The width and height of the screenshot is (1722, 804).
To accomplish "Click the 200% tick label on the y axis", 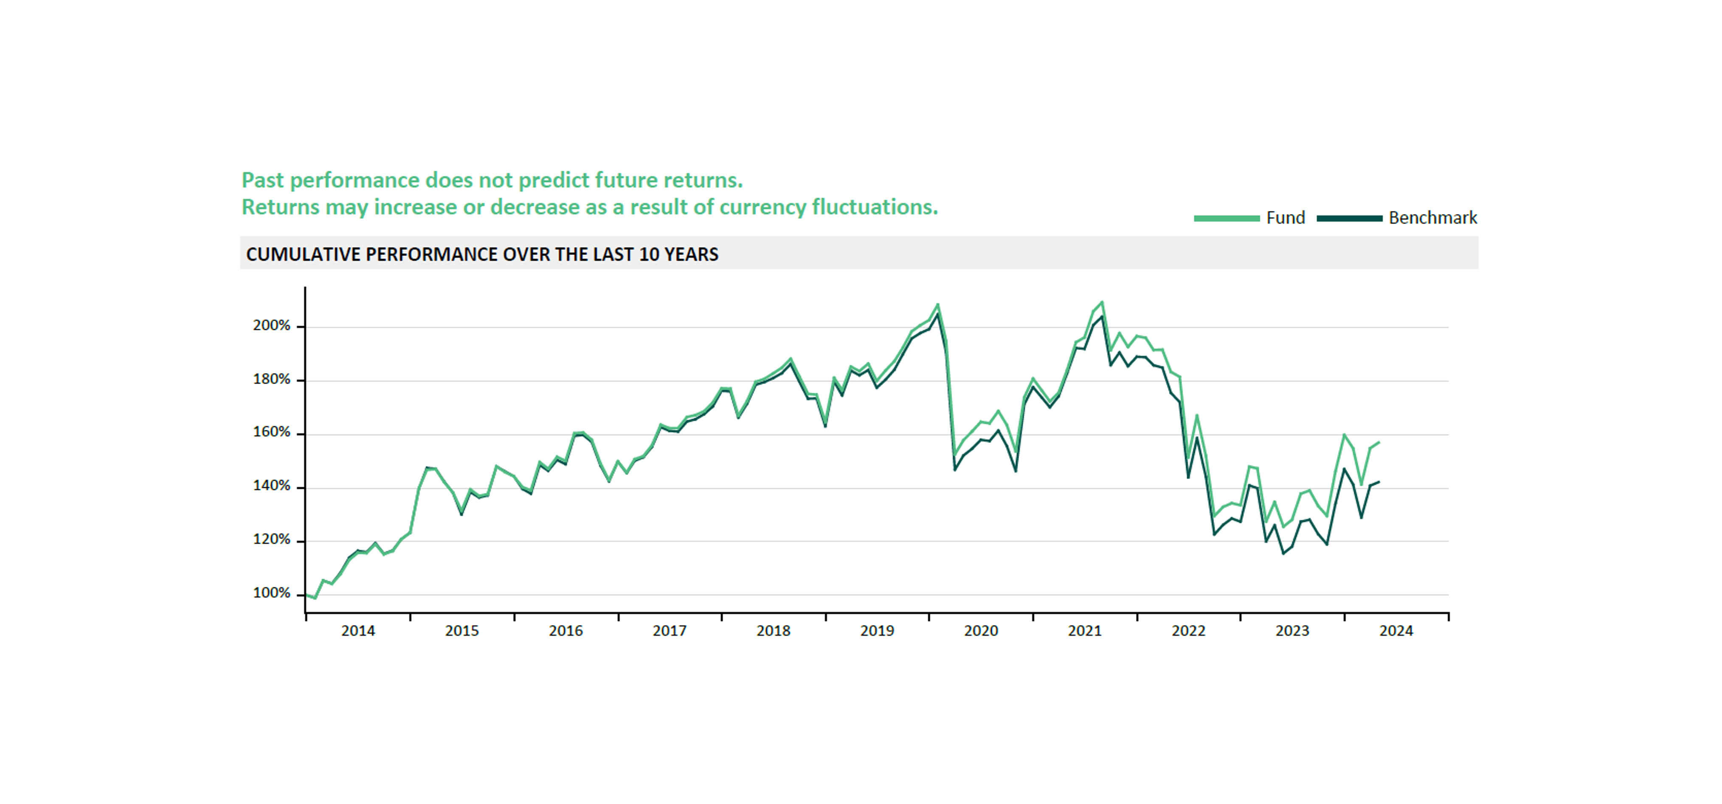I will pyautogui.click(x=271, y=326).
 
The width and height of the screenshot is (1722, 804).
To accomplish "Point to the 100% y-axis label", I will pyautogui.click(x=271, y=593).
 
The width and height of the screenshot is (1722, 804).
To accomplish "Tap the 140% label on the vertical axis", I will pyautogui.click(x=271, y=486).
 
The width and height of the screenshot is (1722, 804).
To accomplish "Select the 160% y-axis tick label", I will pyautogui.click(x=271, y=433).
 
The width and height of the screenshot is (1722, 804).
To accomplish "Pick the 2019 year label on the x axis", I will pyautogui.click(x=877, y=631).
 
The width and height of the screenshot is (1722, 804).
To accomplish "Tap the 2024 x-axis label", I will pyautogui.click(x=1396, y=631).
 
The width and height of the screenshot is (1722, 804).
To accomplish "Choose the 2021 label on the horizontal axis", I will pyautogui.click(x=1084, y=631).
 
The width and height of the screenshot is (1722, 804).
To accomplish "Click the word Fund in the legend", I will pyautogui.click(x=1285, y=218).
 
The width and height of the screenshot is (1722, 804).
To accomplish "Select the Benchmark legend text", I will pyautogui.click(x=1432, y=218).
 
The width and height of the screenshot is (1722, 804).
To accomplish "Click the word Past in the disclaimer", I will pyautogui.click(x=263, y=181).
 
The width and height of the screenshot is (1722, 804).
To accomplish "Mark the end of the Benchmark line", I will pyautogui.click(x=1379, y=482).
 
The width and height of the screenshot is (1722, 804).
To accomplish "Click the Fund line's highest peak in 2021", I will pyautogui.click(x=1102, y=302).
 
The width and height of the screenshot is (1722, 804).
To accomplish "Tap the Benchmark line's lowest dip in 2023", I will pyautogui.click(x=1283, y=553).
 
